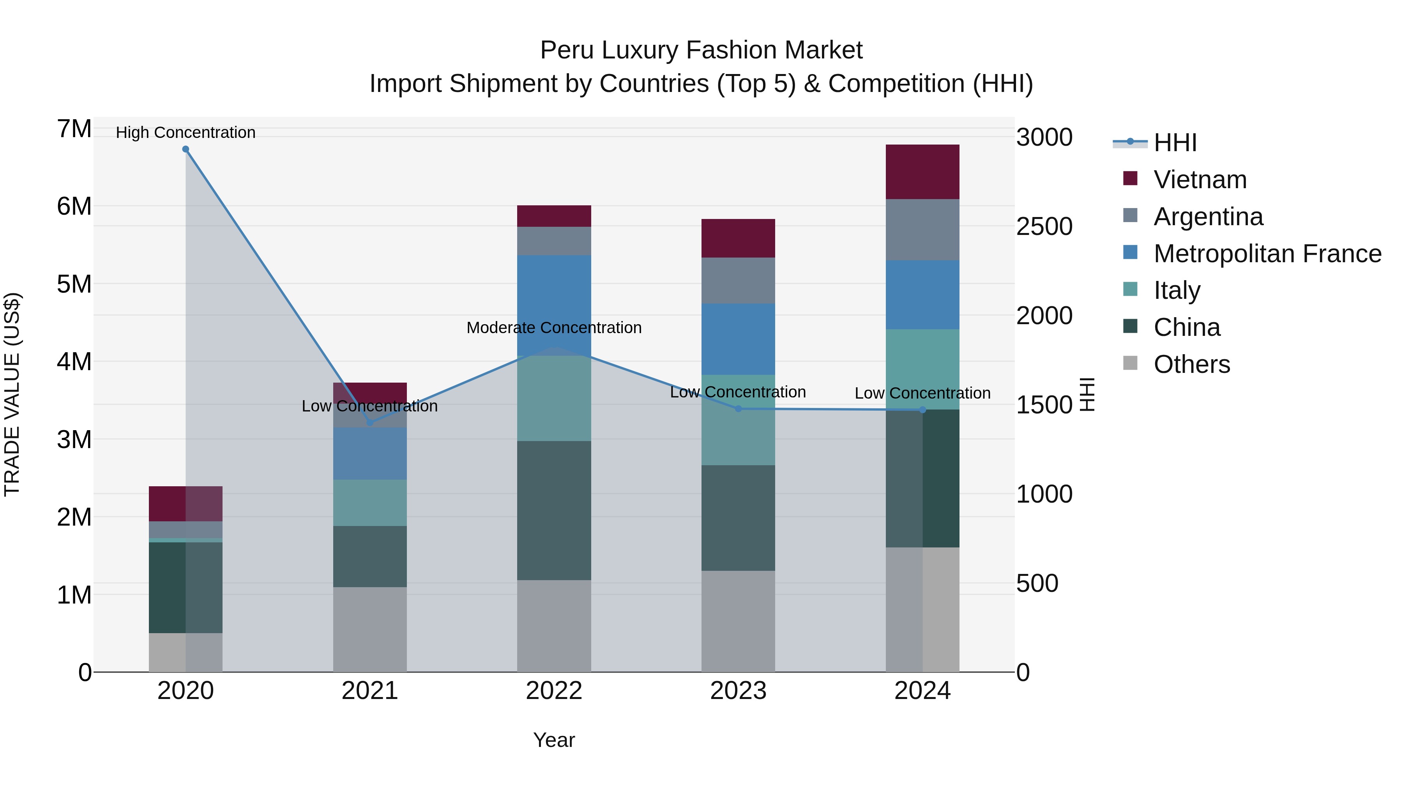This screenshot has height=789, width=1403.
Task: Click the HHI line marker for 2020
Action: tap(186, 149)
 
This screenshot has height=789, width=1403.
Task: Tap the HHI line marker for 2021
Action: tap(370, 422)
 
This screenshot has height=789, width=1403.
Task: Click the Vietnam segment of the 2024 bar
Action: tap(922, 172)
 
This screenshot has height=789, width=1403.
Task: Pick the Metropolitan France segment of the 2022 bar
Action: tap(554, 305)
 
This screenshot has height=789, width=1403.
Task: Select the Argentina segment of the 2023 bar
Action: tap(738, 281)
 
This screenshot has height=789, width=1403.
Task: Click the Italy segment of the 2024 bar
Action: tap(922, 369)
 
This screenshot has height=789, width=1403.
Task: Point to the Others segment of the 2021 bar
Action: tap(370, 629)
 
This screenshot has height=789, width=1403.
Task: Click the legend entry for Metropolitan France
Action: tap(1267, 254)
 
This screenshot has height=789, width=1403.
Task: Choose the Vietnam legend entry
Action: tap(1200, 180)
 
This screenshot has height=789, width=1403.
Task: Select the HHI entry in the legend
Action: tap(1175, 143)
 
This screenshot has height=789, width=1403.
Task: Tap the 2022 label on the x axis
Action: tap(554, 691)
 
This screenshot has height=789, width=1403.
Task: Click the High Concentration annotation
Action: tap(186, 132)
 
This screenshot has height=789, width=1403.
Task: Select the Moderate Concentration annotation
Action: tap(554, 328)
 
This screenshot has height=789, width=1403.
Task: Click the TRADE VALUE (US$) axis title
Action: tap(12, 394)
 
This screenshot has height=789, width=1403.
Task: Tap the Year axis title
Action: tap(554, 740)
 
